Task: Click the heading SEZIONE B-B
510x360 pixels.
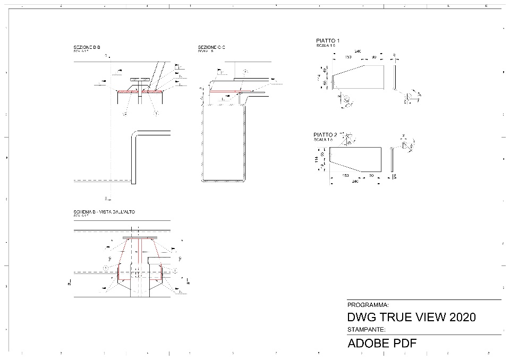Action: click(x=87, y=48)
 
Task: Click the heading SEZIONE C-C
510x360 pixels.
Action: click(x=211, y=48)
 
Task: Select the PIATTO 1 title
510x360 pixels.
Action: click(x=327, y=41)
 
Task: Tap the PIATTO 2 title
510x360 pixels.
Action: click(x=325, y=135)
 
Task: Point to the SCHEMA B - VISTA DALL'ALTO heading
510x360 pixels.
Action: click(x=104, y=212)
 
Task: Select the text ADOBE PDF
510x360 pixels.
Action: click(x=381, y=343)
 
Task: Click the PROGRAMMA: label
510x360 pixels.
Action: click(x=368, y=305)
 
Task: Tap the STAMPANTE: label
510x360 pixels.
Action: click(x=367, y=330)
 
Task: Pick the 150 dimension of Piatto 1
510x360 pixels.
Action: click(x=348, y=56)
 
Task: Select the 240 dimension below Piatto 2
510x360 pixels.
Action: click(x=355, y=182)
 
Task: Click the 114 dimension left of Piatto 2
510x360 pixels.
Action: click(x=316, y=159)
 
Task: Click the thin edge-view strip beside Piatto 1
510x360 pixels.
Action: click(x=395, y=77)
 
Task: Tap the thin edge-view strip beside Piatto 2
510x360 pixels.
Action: click(x=392, y=159)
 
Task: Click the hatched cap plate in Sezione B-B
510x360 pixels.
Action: click(x=140, y=90)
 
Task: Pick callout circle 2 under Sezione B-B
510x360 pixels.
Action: click(x=125, y=113)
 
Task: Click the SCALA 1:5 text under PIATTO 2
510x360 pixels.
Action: click(x=323, y=140)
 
